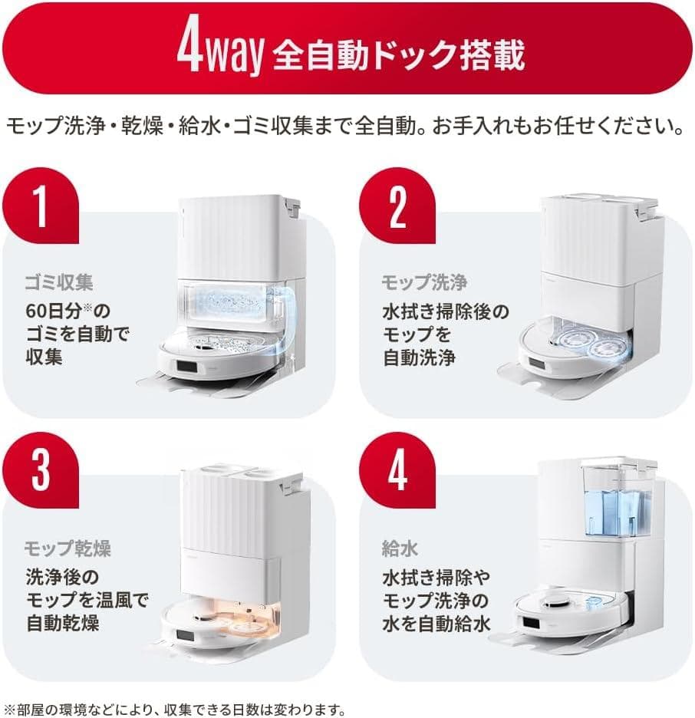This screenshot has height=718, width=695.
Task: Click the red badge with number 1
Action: tap(41, 205)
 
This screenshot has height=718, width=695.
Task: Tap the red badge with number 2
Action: tap(397, 205)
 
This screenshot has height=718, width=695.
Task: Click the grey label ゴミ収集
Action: tap(59, 282)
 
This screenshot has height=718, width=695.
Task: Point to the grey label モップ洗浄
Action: tap(424, 282)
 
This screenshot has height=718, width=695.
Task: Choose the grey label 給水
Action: tap(398, 548)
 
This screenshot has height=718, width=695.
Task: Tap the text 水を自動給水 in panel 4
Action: tap(436, 622)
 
